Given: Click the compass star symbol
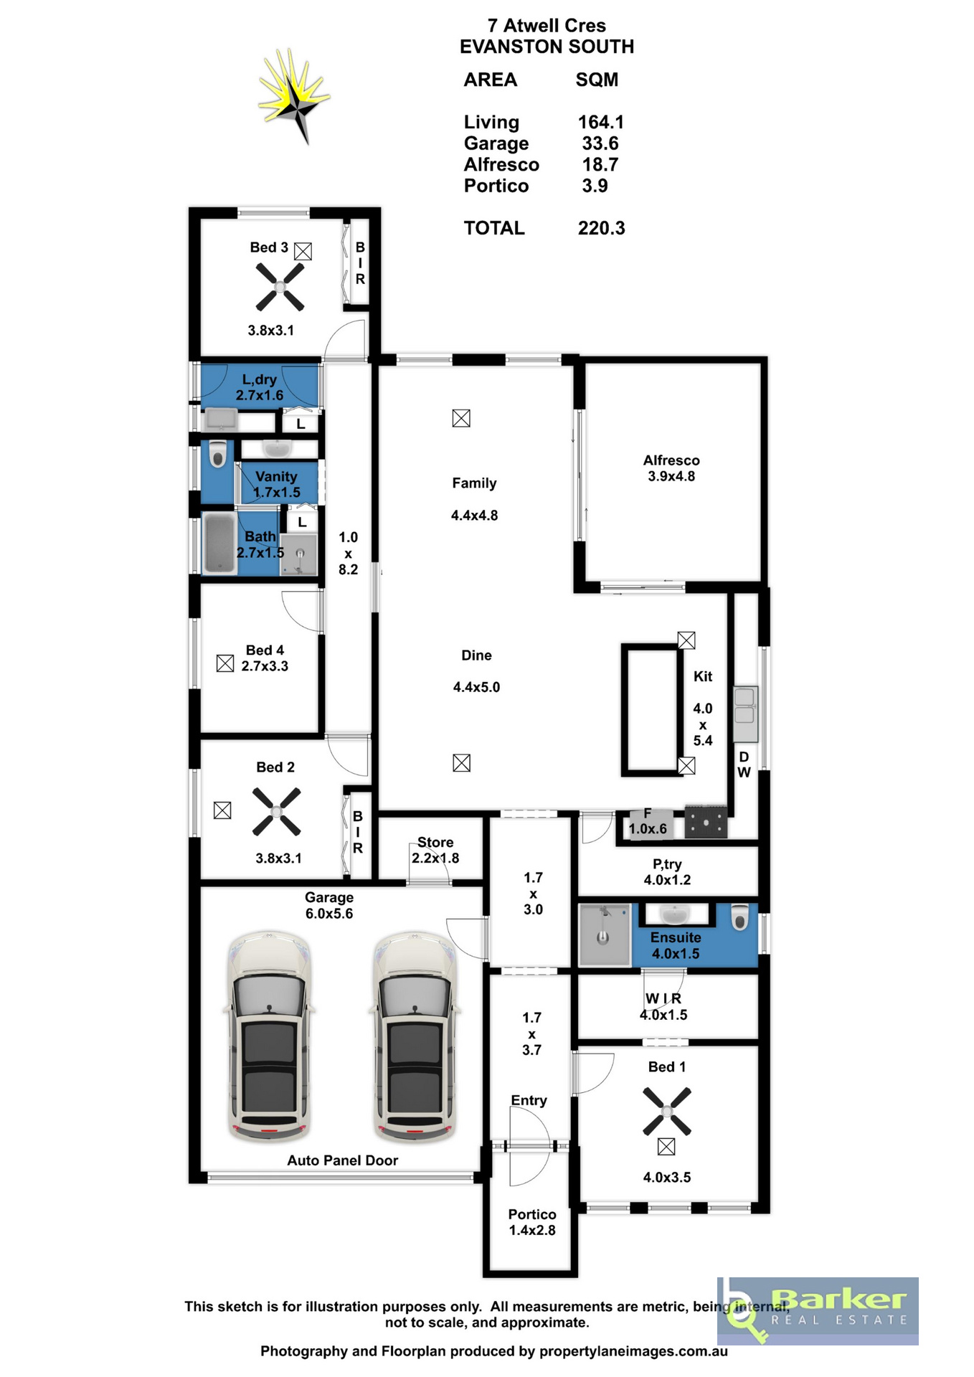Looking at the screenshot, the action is (294, 97).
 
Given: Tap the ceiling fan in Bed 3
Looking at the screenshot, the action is (280, 287).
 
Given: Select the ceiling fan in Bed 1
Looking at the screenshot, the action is (666, 1111).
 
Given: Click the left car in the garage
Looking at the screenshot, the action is (269, 1036).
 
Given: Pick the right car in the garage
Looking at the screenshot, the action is (414, 1036).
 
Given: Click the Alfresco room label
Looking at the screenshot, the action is (671, 460).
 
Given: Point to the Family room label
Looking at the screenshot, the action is (474, 483).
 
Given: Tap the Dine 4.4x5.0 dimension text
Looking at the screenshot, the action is (476, 687).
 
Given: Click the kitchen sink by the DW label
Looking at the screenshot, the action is (745, 714).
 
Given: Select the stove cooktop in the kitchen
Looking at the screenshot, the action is (706, 822).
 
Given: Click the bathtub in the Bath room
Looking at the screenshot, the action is (219, 543).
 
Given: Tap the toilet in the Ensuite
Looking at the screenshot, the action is (739, 917).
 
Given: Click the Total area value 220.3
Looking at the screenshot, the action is (601, 228).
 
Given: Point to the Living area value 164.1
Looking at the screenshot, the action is (601, 122).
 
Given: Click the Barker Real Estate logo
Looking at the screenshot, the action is (818, 1310).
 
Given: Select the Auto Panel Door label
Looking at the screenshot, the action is (343, 1160).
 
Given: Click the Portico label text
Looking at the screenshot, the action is (532, 1214).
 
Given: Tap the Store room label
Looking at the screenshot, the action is (435, 842).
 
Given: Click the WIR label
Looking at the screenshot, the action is (663, 998).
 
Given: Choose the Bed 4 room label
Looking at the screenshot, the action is (265, 650).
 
